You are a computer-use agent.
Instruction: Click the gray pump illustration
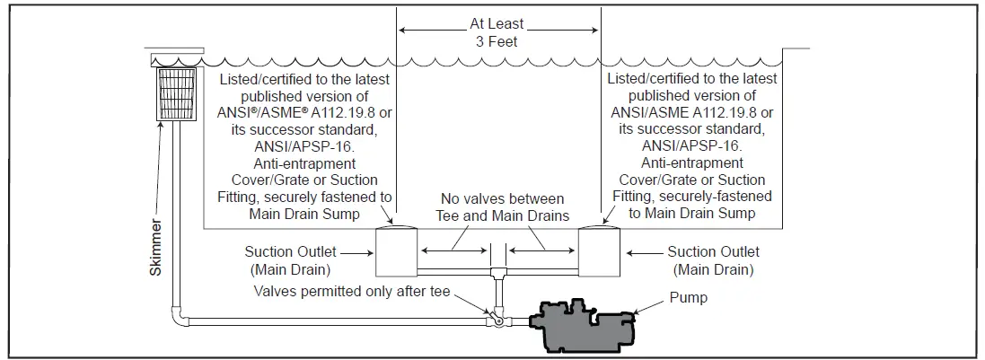583,323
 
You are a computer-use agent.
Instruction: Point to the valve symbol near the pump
493,316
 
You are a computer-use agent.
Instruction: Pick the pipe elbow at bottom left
177,315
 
